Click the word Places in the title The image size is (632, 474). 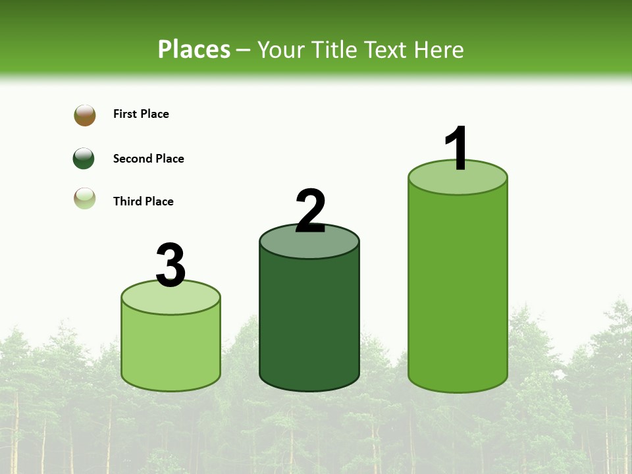coord(194,49)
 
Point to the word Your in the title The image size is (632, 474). coord(281,49)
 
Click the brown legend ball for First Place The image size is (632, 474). coord(85,115)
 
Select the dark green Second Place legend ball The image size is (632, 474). coord(84,159)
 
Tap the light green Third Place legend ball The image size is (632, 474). coord(85,199)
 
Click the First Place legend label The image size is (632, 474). coord(141,114)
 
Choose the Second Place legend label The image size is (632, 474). coord(149,159)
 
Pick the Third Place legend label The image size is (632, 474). coord(144,201)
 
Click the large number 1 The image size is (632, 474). coord(457,149)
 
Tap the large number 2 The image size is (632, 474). coord(311,211)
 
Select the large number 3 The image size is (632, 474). coord(171,265)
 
